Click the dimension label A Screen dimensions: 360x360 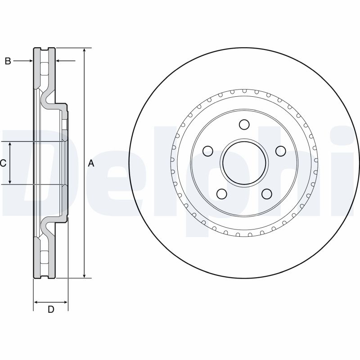[x=91, y=163]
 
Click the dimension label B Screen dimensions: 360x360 [x=8, y=61]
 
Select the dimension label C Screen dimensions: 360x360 [x=3, y=163]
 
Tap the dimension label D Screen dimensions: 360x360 [x=51, y=309]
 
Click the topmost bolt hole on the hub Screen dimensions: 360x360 [x=244, y=125]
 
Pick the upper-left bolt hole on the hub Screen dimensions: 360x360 [x=208, y=151]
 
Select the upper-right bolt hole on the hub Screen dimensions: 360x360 [x=280, y=151]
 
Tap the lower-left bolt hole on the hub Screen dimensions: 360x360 [x=222, y=194]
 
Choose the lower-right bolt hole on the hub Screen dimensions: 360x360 [x=267, y=194]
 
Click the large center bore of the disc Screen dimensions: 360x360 [x=244, y=163]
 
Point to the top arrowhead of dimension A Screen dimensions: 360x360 [x=85, y=51]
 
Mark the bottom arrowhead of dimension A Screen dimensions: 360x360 [x=85, y=275]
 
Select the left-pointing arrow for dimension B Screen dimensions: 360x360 [x=66, y=61]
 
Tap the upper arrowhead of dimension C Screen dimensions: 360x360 [x=10, y=144]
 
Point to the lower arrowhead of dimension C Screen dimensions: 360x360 [x=10, y=181]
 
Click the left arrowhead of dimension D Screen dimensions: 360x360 [x=36, y=302]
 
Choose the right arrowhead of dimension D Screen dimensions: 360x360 [x=65, y=302]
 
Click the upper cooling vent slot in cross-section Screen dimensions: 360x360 [x=44, y=69]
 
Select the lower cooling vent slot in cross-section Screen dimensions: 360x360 [x=44, y=257]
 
